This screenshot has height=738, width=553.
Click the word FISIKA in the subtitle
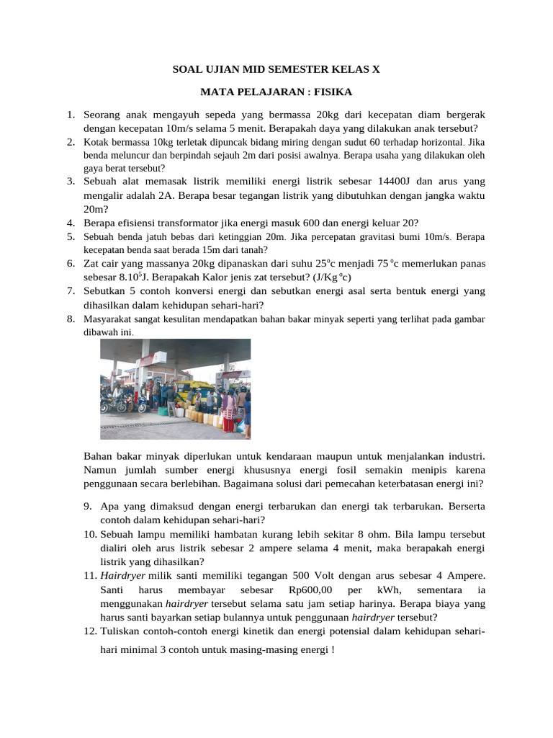331,92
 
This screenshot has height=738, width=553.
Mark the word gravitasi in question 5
378,236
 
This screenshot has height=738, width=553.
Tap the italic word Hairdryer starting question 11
122,575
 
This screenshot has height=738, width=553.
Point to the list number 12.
89,631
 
